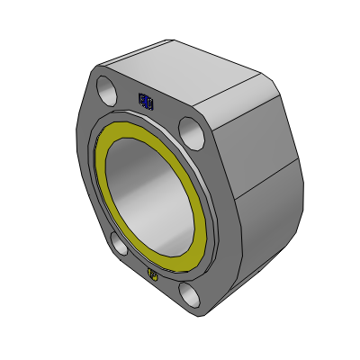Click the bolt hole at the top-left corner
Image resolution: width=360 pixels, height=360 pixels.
pos(106,91)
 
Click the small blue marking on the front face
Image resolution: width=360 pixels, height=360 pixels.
pos(146,103)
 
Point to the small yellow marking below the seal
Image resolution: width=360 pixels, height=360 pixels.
pos(152,273)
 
